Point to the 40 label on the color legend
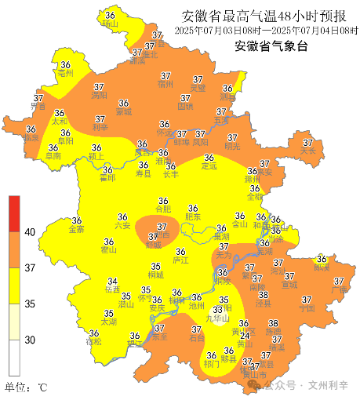(x=30, y=232)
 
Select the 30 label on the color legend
(x=30, y=340)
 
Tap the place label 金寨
(x=77, y=230)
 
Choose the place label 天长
(x=307, y=151)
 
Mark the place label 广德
(x=339, y=290)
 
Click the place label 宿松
(x=94, y=342)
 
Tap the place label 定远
(x=208, y=166)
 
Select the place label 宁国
(x=307, y=308)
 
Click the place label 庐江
(x=180, y=259)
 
